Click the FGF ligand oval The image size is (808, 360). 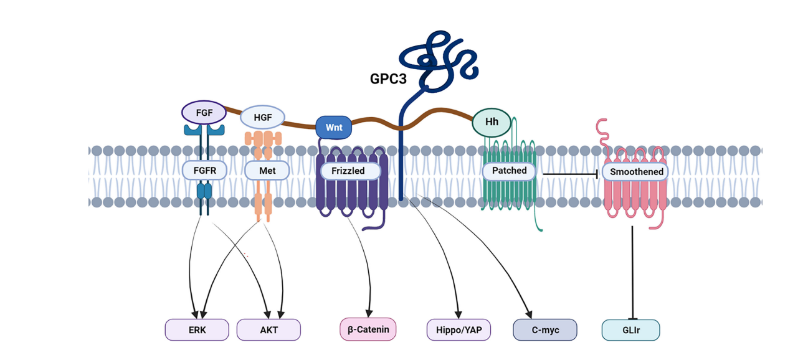click(203, 113)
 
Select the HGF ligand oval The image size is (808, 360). click(261, 117)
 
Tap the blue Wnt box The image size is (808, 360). click(334, 127)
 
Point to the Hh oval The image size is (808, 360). click(492, 122)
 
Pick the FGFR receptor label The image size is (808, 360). click(204, 170)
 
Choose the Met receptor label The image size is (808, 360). click(267, 170)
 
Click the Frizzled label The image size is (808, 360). click(351, 171)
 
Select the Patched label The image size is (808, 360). click(509, 171)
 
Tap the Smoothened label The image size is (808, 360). click(636, 172)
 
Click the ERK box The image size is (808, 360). click(197, 329)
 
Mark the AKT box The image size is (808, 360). click(269, 329)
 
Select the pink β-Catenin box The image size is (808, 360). click(368, 329)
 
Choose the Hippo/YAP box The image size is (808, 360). click(459, 329)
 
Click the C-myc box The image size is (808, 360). click(545, 329)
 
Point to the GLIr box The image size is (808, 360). click(630, 329)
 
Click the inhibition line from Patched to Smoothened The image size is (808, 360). click(570, 174)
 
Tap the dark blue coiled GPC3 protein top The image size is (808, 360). click(436, 59)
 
